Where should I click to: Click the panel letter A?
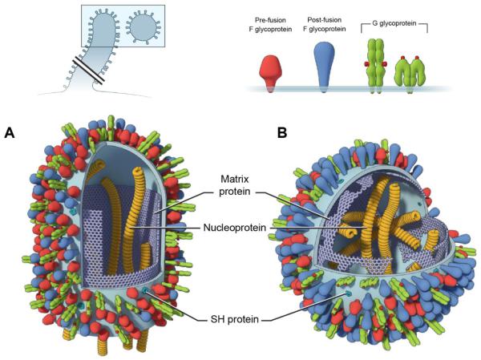10,132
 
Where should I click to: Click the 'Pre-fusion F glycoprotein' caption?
278,24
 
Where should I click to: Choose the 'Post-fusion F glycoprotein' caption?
329,24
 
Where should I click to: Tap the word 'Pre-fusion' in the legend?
278,18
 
